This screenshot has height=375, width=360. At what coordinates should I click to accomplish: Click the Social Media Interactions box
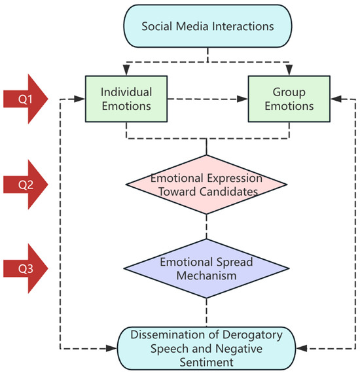(207, 27)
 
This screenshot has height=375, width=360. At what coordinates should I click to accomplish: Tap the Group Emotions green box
(289, 98)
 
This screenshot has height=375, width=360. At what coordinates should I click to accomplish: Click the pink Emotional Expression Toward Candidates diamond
(207, 185)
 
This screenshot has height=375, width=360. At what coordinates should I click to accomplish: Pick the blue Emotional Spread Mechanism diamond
(207, 268)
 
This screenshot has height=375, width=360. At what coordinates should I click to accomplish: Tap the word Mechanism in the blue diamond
(207, 275)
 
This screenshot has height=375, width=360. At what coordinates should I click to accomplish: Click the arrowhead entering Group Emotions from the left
(245, 99)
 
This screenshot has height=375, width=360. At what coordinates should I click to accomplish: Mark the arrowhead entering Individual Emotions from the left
(81, 99)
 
